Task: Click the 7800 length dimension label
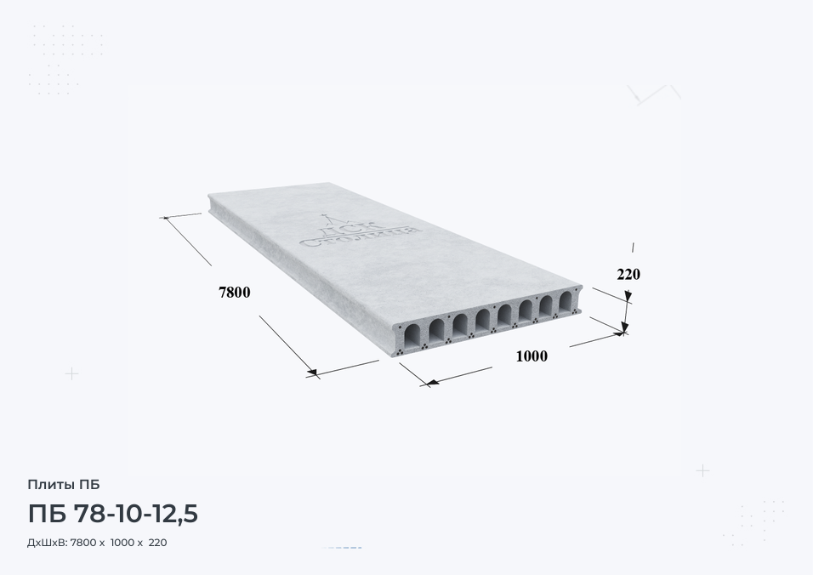235,293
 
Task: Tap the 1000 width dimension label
532,356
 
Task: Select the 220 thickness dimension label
628,274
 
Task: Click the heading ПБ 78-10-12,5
112,514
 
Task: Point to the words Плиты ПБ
63,485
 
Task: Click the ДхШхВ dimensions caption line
97,543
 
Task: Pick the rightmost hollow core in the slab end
566,301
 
